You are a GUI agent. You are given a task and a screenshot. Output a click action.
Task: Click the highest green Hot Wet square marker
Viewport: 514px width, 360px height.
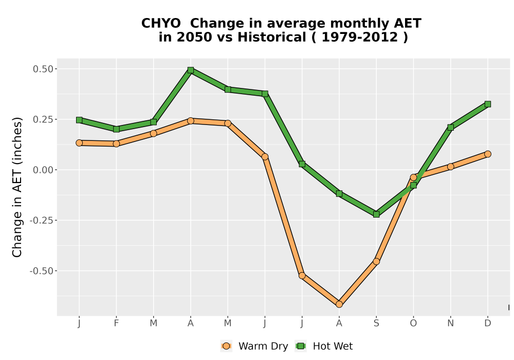tap(191, 70)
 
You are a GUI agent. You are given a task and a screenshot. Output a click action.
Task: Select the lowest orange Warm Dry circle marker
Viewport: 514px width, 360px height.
tap(339, 304)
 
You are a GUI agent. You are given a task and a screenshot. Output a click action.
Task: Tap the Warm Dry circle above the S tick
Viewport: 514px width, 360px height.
tap(376, 262)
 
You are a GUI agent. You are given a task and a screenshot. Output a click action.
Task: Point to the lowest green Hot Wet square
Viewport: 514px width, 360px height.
tap(376, 214)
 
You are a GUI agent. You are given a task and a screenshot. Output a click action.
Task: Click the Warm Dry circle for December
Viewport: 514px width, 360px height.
tap(488, 154)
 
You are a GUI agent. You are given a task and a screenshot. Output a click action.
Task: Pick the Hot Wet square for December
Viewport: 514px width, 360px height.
tap(488, 104)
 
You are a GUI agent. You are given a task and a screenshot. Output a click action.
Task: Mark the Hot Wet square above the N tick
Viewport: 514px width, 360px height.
tap(451, 128)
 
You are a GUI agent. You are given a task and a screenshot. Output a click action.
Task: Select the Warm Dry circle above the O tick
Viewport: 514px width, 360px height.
tap(413, 177)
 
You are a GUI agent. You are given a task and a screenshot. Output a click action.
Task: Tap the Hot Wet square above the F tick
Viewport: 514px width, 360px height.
tap(116, 129)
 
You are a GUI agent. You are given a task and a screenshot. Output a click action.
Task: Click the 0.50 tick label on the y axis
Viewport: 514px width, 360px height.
tap(43, 69)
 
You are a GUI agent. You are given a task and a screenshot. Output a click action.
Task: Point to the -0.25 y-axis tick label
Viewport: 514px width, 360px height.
tap(41, 220)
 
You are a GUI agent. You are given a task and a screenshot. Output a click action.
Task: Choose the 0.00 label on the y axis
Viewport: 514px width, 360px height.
tap(43, 170)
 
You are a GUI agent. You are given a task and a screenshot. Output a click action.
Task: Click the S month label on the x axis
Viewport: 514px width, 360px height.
tap(376, 323)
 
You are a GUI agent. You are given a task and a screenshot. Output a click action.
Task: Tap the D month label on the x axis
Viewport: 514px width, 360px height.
tap(488, 323)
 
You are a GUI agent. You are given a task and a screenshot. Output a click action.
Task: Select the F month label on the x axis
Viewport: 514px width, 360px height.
tap(116, 323)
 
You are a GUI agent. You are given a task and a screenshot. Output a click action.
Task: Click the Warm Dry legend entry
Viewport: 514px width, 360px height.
tap(254, 346)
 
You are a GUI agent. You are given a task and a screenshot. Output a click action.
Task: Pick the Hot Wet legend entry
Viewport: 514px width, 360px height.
tap(324, 346)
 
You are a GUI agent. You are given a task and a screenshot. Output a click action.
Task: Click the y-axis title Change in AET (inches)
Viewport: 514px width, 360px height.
tap(17, 187)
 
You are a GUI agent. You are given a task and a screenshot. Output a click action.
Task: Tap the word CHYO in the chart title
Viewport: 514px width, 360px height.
tap(161, 24)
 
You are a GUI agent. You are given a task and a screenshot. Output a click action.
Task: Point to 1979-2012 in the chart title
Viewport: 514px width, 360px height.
tap(360, 37)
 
